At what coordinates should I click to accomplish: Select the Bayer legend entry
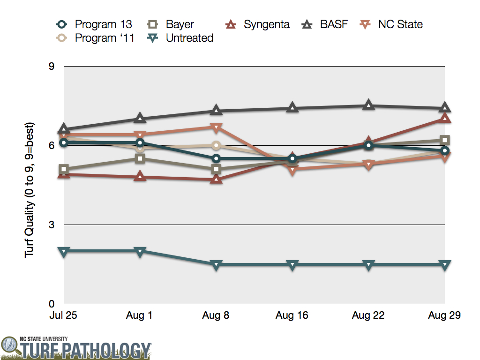click(173, 24)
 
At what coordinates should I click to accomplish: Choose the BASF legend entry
click(328, 24)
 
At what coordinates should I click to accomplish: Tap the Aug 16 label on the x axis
click(292, 315)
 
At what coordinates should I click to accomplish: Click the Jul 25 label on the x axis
click(63, 315)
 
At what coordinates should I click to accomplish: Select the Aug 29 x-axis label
click(444, 315)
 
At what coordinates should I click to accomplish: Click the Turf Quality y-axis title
click(29, 185)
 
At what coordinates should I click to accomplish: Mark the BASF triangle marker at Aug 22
click(368, 105)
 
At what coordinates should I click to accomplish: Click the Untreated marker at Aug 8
click(216, 265)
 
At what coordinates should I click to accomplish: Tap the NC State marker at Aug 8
click(216, 127)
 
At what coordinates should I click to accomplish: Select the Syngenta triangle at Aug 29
click(444, 118)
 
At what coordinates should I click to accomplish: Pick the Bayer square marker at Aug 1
click(140, 158)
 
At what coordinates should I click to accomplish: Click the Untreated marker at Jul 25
click(64, 251)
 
